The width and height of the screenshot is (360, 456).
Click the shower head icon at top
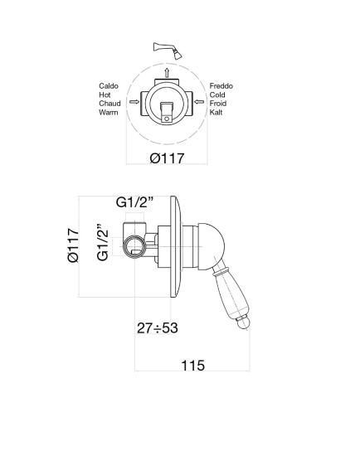(x=168, y=50)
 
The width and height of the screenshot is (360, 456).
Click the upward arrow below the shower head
(x=167, y=72)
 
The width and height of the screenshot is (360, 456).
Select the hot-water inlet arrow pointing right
(x=134, y=101)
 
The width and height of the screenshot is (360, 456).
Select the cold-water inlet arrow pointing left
(x=199, y=101)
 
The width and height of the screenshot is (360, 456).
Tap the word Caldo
(x=109, y=86)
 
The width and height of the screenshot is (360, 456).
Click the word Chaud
(x=109, y=104)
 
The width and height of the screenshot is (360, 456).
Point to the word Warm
(x=109, y=112)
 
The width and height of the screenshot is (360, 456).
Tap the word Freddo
(x=221, y=86)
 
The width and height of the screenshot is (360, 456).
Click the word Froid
(x=218, y=104)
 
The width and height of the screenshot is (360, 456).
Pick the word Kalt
(x=216, y=112)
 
